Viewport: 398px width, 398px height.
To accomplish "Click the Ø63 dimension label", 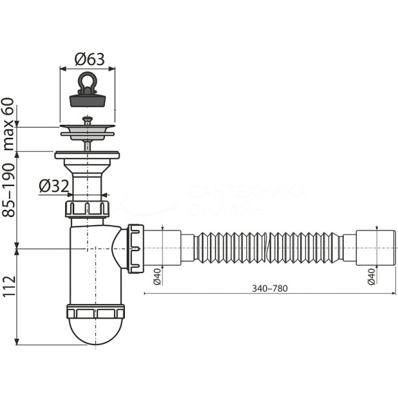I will [87, 60].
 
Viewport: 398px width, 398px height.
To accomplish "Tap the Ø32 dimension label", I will [53, 186].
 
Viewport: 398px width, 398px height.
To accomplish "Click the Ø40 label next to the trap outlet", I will [156, 275].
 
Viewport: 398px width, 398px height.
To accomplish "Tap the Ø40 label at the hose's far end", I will [371, 275].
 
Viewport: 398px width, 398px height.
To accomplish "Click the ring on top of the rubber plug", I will [87, 80].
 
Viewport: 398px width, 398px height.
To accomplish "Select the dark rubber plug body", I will [87, 98].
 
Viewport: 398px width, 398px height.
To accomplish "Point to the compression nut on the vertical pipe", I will [87, 209].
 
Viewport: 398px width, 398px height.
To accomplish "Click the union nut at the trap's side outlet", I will [135, 246].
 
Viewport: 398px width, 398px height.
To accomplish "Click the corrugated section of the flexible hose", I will [268, 247].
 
